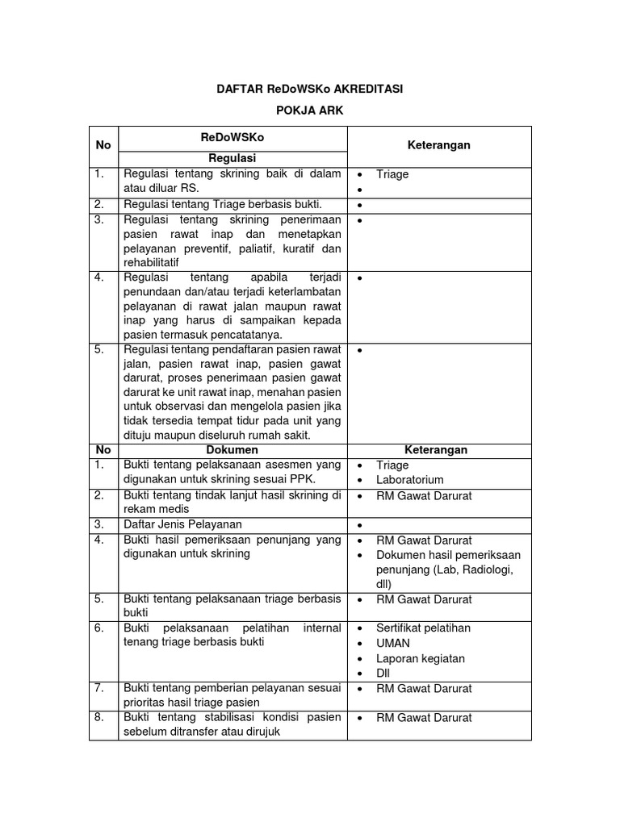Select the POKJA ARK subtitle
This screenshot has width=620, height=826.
[x=310, y=111]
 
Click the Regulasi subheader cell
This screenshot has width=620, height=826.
[x=232, y=158]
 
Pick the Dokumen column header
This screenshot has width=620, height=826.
[x=232, y=450]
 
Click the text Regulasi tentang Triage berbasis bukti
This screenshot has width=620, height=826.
[x=222, y=204]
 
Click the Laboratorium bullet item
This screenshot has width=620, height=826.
[x=411, y=480]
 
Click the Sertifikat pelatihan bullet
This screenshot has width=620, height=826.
[x=423, y=628]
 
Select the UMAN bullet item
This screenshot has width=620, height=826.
[x=393, y=643]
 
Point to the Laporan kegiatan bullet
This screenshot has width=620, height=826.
[x=420, y=658]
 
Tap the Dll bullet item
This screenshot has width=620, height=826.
[x=383, y=674]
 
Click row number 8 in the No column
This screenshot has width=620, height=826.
[x=99, y=717]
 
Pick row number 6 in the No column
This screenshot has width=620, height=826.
[x=99, y=628]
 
